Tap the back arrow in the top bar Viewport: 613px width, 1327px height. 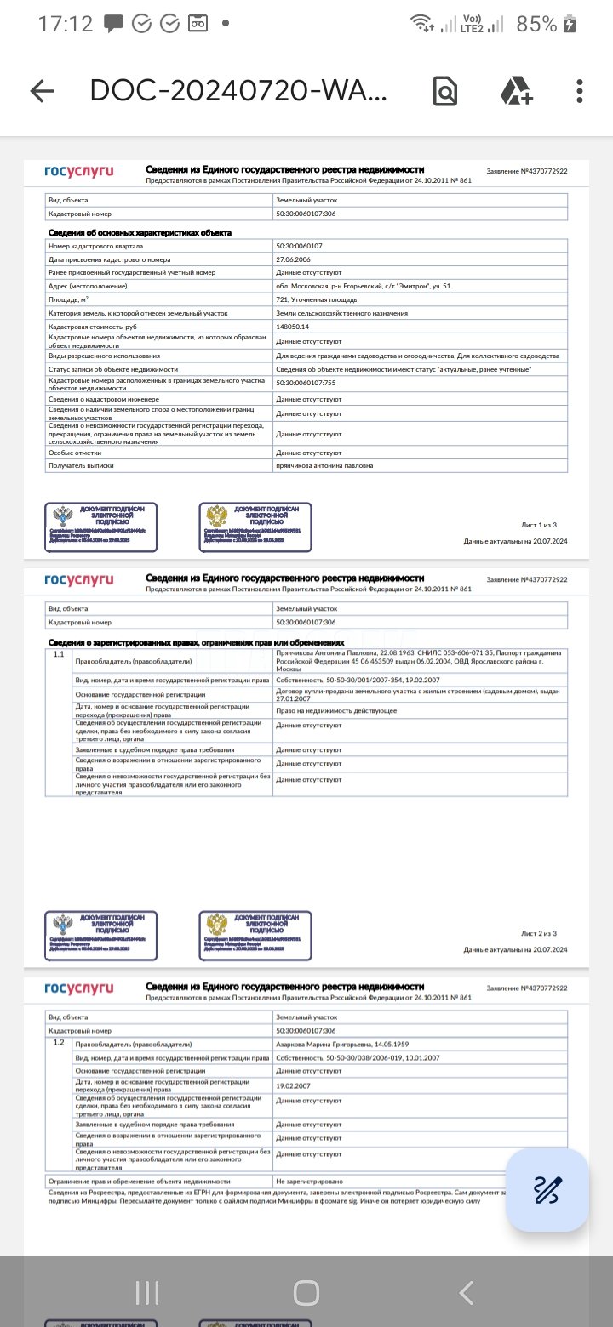pos(42,91)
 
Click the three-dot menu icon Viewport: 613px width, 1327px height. pos(580,91)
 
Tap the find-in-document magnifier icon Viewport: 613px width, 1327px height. pos(445,91)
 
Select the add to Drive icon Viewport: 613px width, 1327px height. pos(516,91)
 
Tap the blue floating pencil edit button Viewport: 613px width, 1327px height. pos(547,1190)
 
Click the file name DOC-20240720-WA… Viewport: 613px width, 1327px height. pos(238,91)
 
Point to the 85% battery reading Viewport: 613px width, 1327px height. pos(536,24)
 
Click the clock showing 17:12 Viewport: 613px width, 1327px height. pos(66,24)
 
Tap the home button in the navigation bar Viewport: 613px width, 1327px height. pos(306,1293)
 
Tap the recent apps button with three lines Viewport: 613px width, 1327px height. pos(147,1293)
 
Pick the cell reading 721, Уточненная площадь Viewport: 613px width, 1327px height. pos(316,299)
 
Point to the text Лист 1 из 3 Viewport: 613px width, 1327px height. pos(539,526)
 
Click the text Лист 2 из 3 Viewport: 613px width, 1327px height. pos(539,933)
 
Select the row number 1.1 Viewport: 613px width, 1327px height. pos(59,656)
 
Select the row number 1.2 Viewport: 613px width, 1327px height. pos(59,1042)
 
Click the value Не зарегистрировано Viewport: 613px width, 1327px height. pos(309,1182)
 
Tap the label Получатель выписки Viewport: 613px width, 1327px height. pos(81,465)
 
